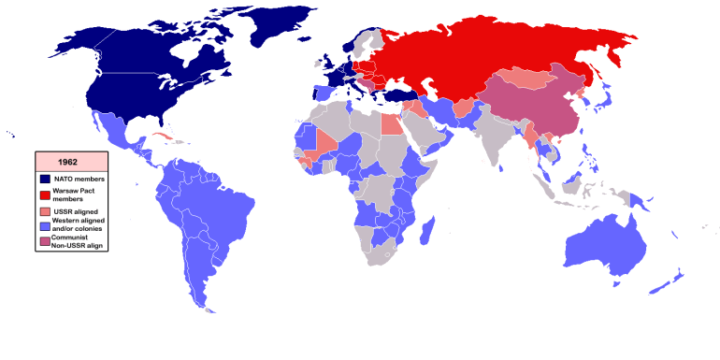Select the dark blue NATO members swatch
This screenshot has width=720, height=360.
pyautogui.click(x=45, y=178)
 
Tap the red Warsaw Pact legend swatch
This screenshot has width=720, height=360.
pyautogui.click(x=45, y=194)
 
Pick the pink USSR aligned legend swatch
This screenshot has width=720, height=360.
pyautogui.click(x=45, y=212)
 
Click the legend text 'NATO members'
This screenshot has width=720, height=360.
pyautogui.click(x=79, y=178)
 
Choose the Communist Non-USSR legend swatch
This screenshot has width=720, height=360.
pyautogui.click(x=45, y=242)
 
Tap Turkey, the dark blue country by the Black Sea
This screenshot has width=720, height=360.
pyautogui.click(x=409, y=96)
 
